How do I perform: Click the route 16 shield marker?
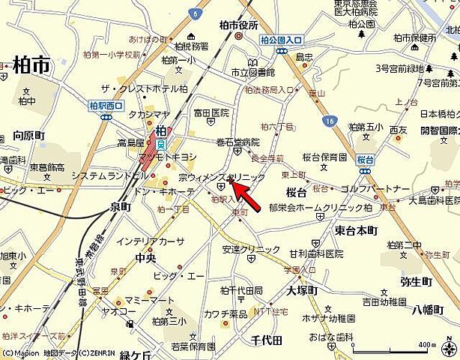tap(330, 121)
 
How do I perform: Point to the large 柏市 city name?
tap(31, 66)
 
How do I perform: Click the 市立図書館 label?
tap(252, 73)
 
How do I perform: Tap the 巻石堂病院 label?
tap(237, 142)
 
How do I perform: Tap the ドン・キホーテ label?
tap(165, 191)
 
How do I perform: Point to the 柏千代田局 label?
tap(241, 289)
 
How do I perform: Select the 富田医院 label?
tap(211, 113)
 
